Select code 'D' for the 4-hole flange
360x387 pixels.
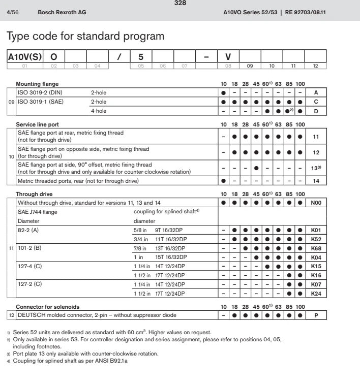(316, 110)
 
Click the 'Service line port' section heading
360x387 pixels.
(40, 124)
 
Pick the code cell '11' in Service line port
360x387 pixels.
(316, 137)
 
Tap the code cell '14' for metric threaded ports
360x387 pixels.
(316, 180)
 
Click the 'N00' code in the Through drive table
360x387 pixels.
(316, 203)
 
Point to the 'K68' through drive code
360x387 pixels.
(316, 248)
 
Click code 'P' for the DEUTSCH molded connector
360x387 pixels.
(316, 315)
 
